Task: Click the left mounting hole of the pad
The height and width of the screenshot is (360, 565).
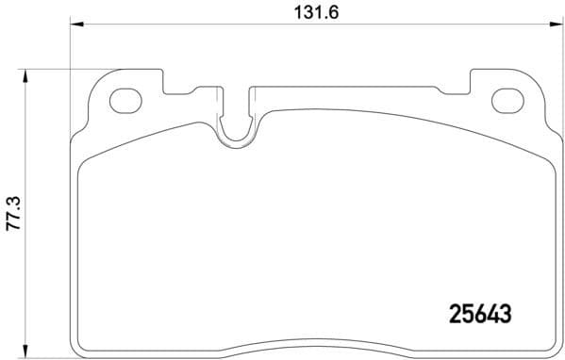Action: pos(125,99)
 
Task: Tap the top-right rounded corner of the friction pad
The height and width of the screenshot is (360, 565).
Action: pos(533,157)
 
